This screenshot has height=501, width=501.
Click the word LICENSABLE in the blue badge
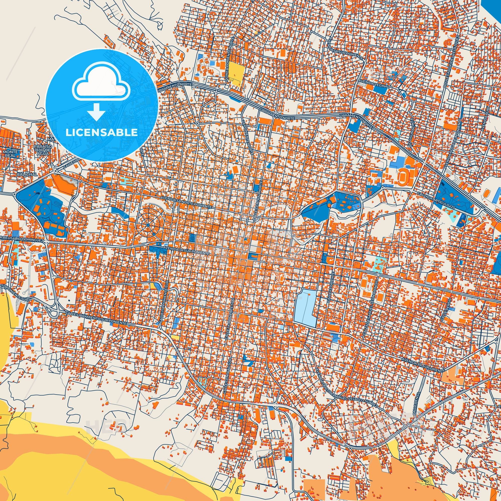pos(101,133)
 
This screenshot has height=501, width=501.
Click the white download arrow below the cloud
pos(96,112)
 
